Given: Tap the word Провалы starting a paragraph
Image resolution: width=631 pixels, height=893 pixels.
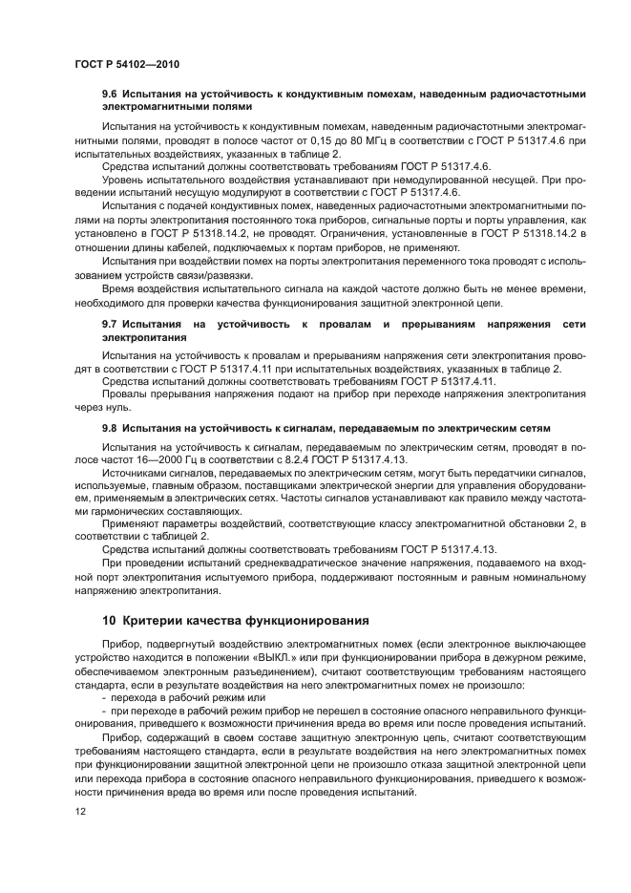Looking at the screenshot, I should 125,393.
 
